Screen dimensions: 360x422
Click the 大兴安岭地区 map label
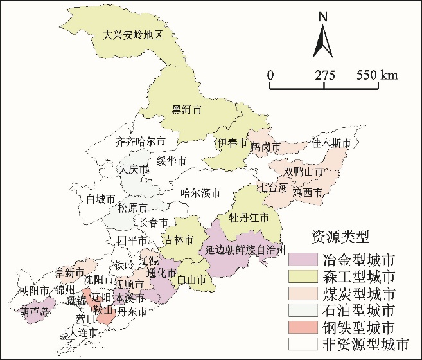point(135,35)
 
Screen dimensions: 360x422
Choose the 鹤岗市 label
point(265,148)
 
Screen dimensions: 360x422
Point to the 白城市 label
point(101,199)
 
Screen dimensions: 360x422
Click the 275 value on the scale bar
point(325,75)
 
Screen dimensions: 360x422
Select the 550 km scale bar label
point(378,75)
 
